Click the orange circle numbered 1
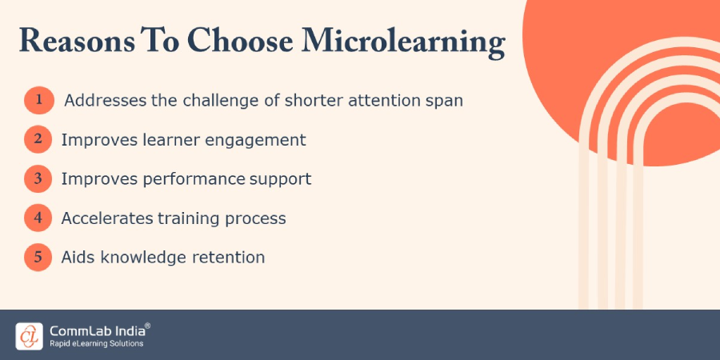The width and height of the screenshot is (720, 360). [x=38, y=101]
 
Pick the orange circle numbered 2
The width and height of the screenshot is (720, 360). [x=38, y=140]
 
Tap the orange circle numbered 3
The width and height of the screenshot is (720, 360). [x=38, y=179]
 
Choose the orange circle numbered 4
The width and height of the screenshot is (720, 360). [x=38, y=218]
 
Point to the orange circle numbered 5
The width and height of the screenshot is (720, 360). [x=38, y=258]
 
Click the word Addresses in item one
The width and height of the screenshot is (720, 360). [x=102, y=101]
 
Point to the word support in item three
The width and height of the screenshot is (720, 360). [x=280, y=179]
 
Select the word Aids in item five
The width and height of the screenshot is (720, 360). [x=78, y=257]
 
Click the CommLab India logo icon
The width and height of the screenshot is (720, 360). [x=29, y=334]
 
